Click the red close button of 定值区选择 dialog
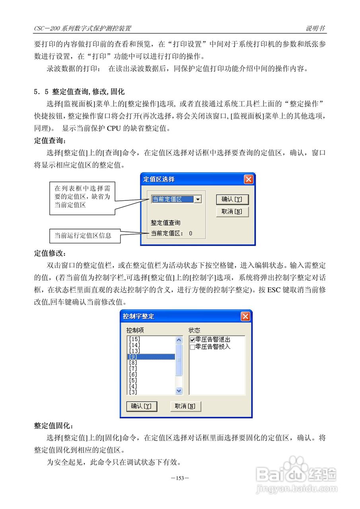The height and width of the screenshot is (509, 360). tap(249, 179)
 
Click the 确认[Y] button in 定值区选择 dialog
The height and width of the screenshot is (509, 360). tap(232, 199)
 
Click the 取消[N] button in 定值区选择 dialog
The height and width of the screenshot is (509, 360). tap(232, 212)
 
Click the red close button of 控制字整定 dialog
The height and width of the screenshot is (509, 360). tap(245, 317)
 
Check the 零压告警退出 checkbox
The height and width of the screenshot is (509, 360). tap(193, 340)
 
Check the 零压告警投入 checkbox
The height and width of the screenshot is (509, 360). tap(193, 347)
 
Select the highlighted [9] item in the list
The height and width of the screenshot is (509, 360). tap(151, 357)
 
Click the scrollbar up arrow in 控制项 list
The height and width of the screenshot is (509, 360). tap(179, 340)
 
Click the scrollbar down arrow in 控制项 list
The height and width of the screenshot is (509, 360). tap(179, 391)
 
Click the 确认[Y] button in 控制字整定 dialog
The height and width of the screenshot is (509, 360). tap(141, 406)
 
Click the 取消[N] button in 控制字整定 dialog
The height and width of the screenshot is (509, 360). tap(185, 406)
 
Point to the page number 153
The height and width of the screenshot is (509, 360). tap(180, 478)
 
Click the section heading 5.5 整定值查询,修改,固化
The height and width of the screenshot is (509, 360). tap(79, 92)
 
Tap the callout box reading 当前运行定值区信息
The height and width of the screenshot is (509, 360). tap(83, 235)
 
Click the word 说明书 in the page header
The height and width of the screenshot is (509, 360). tap(315, 28)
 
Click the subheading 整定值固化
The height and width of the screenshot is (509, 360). tap(53, 426)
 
